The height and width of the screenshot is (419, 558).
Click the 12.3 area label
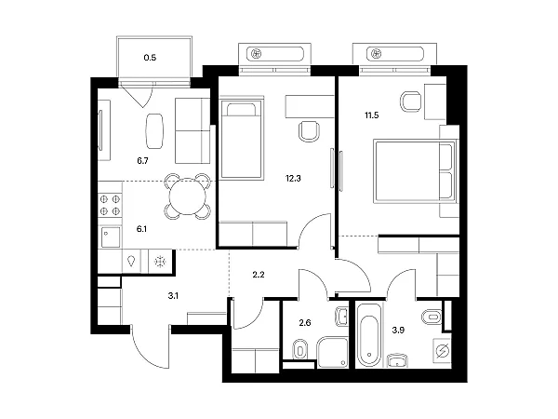293,178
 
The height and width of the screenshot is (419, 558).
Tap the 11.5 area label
371,115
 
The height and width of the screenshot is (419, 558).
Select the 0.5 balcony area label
150,58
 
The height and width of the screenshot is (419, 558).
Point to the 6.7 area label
142,161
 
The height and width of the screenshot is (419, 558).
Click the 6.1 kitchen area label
141,229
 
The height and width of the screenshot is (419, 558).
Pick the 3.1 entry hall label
173,295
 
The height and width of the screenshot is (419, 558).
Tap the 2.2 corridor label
259,275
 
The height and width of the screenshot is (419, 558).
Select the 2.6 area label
305,323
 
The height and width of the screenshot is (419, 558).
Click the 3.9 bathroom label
398,330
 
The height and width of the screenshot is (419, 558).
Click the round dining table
188,196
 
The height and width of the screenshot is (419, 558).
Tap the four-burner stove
110,205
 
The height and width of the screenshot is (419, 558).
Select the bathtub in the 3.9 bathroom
369,335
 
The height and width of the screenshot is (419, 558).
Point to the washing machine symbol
443,351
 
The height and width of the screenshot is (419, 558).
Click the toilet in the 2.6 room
299,349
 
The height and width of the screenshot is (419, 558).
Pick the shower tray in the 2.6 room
332,352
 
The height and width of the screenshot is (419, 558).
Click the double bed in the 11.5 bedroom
415,171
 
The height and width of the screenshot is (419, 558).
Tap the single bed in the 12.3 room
242,140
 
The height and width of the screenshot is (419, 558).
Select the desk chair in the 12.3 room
309,131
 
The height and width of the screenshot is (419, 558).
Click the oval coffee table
154,130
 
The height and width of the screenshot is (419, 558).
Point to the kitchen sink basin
111,237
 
